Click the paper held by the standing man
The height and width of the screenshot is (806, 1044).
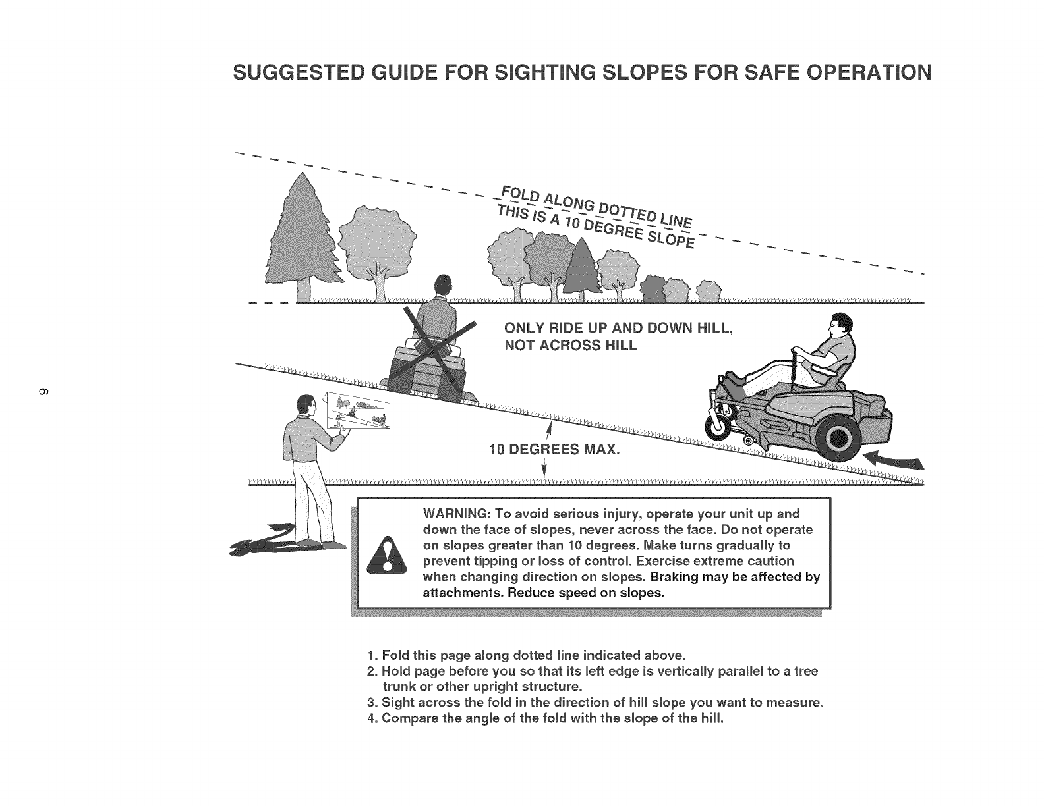(x=359, y=410)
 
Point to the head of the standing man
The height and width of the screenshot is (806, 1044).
(x=304, y=407)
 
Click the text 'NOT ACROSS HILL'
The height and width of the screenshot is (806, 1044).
(x=571, y=345)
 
